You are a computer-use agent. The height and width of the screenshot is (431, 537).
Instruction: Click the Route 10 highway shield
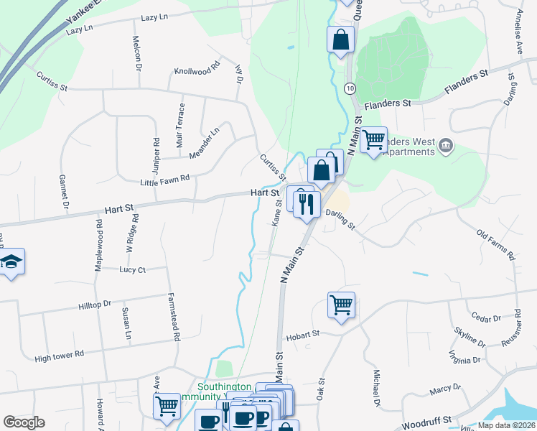point(349,88)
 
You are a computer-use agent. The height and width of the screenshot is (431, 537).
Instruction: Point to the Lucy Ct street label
point(132,269)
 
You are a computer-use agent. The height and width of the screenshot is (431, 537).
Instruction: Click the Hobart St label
point(302,335)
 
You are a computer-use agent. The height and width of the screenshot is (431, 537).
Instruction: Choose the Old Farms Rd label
point(496,245)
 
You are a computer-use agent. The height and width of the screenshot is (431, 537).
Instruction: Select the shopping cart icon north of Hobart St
point(342,304)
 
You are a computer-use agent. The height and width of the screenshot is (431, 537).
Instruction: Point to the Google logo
point(24,422)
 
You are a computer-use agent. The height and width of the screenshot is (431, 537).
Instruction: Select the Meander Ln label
point(204,144)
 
